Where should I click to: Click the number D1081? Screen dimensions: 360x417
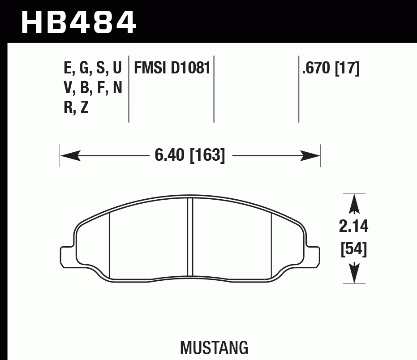pyautogui.click(x=190, y=68)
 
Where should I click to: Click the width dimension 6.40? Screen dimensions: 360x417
pyautogui.click(x=170, y=156)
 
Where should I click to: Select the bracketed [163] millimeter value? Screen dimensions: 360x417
pyautogui.click(x=207, y=156)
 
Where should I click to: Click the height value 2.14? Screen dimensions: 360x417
pyautogui.click(x=354, y=227)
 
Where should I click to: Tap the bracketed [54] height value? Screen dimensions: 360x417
pyautogui.click(x=354, y=249)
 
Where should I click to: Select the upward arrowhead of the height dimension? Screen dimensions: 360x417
pyautogui.click(x=354, y=204)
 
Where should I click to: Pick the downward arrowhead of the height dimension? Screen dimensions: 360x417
pyautogui.click(x=354, y=273)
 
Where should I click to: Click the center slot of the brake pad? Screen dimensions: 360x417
pyautogui.click(x=189, y=237)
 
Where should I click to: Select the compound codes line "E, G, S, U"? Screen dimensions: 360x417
pyautogui.click(x=93, y=68)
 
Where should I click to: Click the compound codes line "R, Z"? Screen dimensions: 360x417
pyautogui.click(x=76, y=108)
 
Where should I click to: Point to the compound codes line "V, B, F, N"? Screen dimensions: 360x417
pyautogui.click(x=93, y=88)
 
